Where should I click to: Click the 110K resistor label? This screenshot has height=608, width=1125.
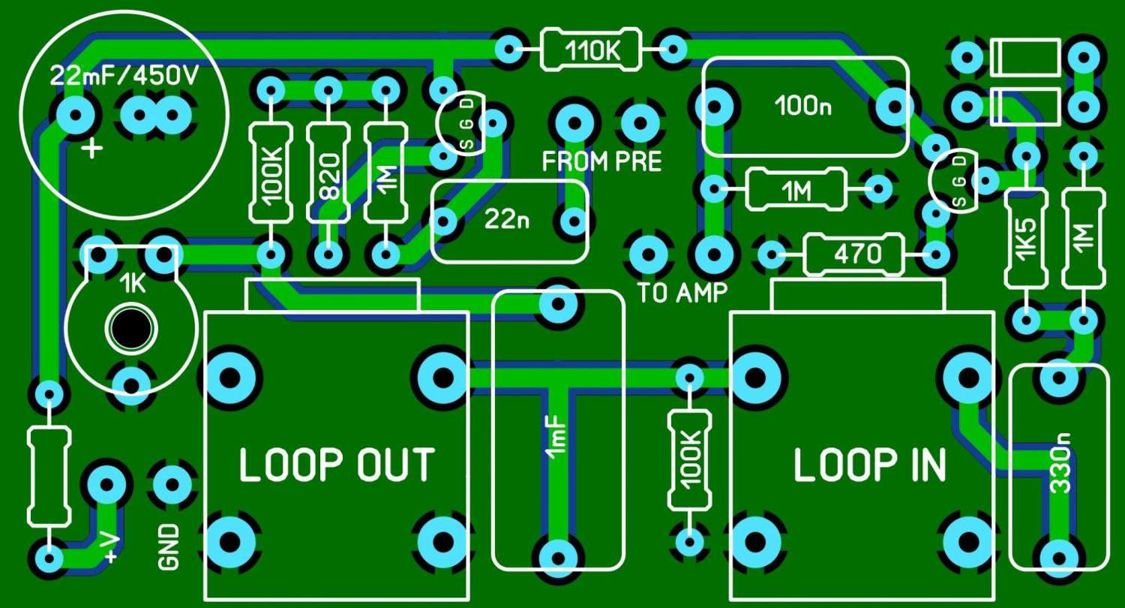[592, 50]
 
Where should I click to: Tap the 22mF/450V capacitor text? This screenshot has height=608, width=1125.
[124, 77]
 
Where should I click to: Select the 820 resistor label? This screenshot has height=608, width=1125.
[329, 176]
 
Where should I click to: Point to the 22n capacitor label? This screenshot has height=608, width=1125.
[506, 220]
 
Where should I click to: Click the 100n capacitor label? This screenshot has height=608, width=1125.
[802, 106]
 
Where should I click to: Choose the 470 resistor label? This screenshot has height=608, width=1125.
[858, 254]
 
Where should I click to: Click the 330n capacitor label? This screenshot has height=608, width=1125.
[1060, 463]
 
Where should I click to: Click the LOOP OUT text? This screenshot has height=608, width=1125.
[337, 465]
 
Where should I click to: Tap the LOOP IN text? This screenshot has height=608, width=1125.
[870, 465]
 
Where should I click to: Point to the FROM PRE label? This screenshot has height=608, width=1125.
[601, 161]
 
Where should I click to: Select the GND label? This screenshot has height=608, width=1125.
[169, 547]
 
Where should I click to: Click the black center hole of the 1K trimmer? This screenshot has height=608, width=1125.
[130, 330]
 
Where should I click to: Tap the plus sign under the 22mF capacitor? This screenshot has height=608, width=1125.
[92, 149]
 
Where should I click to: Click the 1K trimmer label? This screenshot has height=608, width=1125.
[133, 285]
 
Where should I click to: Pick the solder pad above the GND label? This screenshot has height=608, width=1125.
[172, 484]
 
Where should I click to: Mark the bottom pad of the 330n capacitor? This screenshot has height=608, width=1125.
[1060, 558]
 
